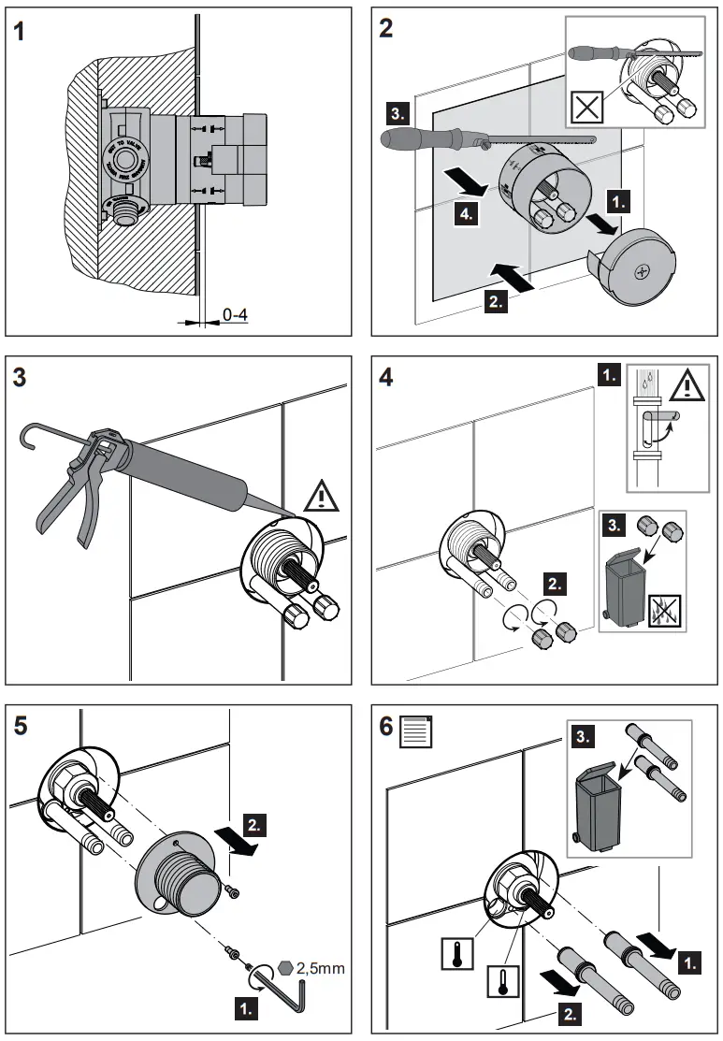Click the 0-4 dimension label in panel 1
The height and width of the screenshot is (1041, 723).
point(235,315)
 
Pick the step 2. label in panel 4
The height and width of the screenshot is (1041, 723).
point(554,586)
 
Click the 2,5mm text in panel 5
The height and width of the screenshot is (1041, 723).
point(321,968)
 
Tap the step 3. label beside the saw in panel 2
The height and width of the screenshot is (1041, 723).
point(397,116)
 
